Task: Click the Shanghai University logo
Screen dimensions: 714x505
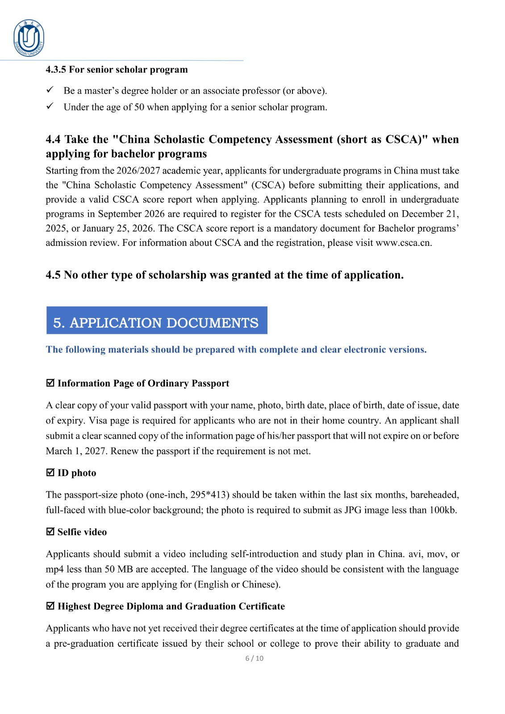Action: [29, 38]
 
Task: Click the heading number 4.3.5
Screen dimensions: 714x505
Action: [56, 70]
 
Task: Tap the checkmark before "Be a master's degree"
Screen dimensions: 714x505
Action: [50, 90]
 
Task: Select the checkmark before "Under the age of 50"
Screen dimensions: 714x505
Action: [50, 106]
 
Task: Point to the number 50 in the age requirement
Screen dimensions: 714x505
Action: [139, 107]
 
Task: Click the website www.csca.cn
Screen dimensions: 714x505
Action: [403, 243]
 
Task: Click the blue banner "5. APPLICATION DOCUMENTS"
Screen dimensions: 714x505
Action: [156, 320]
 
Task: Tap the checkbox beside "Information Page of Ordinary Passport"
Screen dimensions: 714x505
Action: [50, 383]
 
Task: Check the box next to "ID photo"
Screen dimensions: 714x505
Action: [50, 473]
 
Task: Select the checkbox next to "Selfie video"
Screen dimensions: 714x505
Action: [50, 531]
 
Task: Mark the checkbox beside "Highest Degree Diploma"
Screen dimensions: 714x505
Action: [50, 606]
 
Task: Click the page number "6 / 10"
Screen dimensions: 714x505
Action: [254, 658]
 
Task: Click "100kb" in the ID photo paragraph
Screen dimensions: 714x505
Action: [442, 510]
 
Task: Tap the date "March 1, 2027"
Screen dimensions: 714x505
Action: [75, 451]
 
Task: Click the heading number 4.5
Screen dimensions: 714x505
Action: [53, 275]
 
